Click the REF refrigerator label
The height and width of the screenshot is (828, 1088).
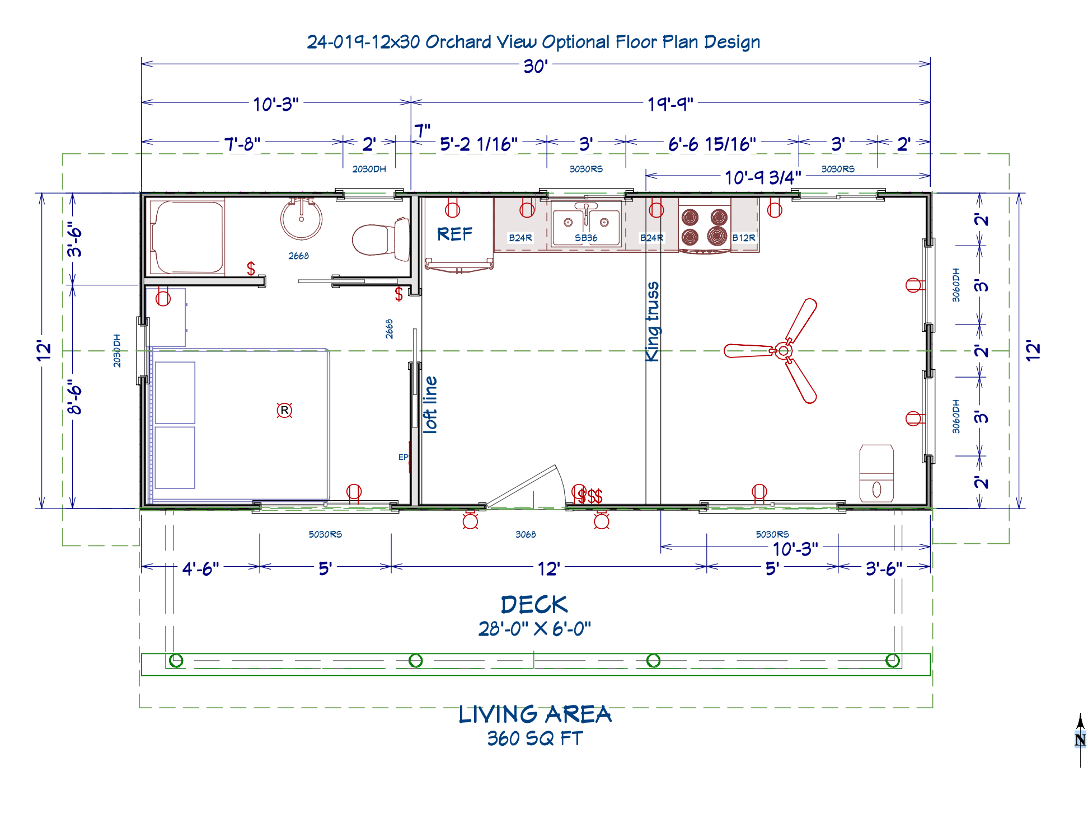click(454, 234)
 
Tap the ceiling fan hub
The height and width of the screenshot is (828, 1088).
click(783, 351)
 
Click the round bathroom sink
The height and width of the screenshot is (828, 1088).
click(301, 218)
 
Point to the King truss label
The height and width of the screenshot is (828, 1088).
click(653, 322)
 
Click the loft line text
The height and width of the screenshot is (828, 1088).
click(430, 404)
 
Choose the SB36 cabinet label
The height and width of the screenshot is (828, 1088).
click(586, 238)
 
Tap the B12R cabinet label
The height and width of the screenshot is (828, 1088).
click(744, 238)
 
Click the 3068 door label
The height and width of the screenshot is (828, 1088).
click(526, 534)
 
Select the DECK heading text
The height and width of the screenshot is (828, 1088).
click(534, 605)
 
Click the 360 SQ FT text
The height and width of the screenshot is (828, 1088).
click(534, 738)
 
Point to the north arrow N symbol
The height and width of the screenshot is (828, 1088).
click(1080, 740)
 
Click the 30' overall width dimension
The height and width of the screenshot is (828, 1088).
click(535, 66)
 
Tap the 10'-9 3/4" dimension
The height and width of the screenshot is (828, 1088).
click(763, 177)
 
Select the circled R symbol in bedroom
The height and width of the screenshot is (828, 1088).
click(284, 411)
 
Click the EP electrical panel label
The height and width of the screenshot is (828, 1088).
click(403, 457)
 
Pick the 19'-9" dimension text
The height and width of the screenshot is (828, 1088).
click(670, 104)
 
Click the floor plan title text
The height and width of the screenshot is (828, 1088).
click(533, 42)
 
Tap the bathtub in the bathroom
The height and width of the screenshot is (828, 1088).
click(187, 237)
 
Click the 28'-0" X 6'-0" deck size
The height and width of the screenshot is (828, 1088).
click(534, 629)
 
